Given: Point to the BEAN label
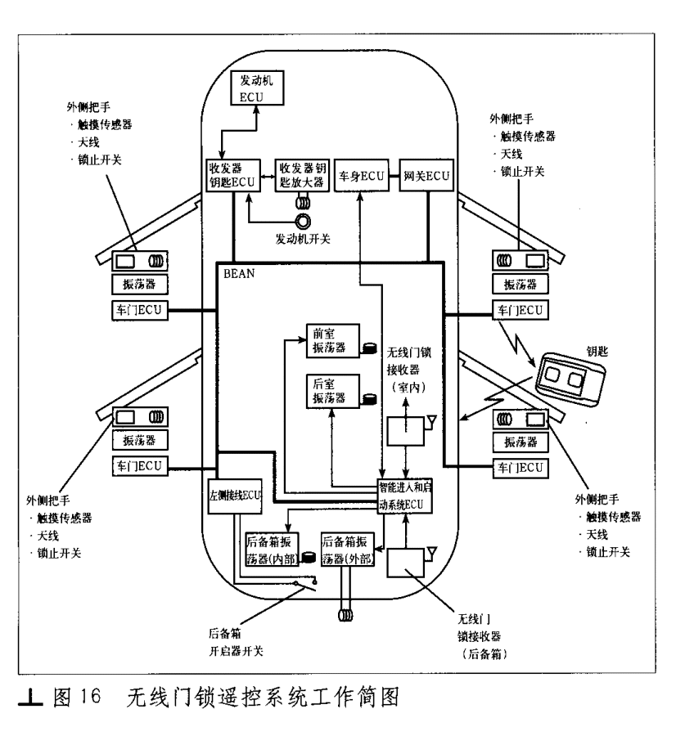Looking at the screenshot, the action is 239,274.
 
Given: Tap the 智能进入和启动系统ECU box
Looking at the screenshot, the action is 405,496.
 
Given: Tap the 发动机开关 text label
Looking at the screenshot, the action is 303,239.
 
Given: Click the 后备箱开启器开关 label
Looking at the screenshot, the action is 236,642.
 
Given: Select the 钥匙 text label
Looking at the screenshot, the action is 597,351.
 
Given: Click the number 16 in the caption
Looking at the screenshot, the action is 90,696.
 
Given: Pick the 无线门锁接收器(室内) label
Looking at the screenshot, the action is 408,370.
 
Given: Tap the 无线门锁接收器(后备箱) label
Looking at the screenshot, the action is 481,636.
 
